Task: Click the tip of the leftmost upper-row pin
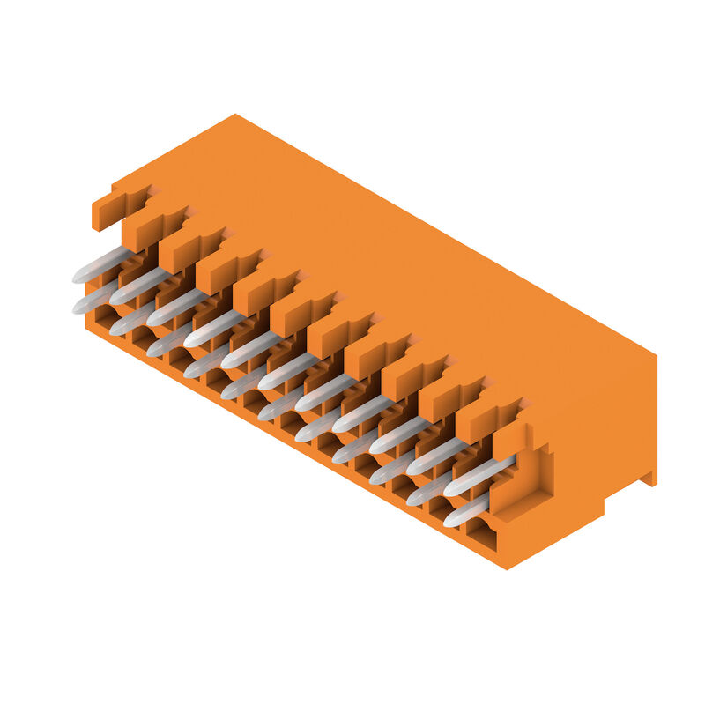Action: pyautogui.click(x=78, y=277)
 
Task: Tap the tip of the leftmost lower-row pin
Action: pyautogui.click(x=78, y=308)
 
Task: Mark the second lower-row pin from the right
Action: pyautogui.click(x=430, y=490)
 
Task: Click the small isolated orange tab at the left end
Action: pyautogui.click(x=106, y=208)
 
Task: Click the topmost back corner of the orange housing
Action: pyautogui.click(x=235, y=115)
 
